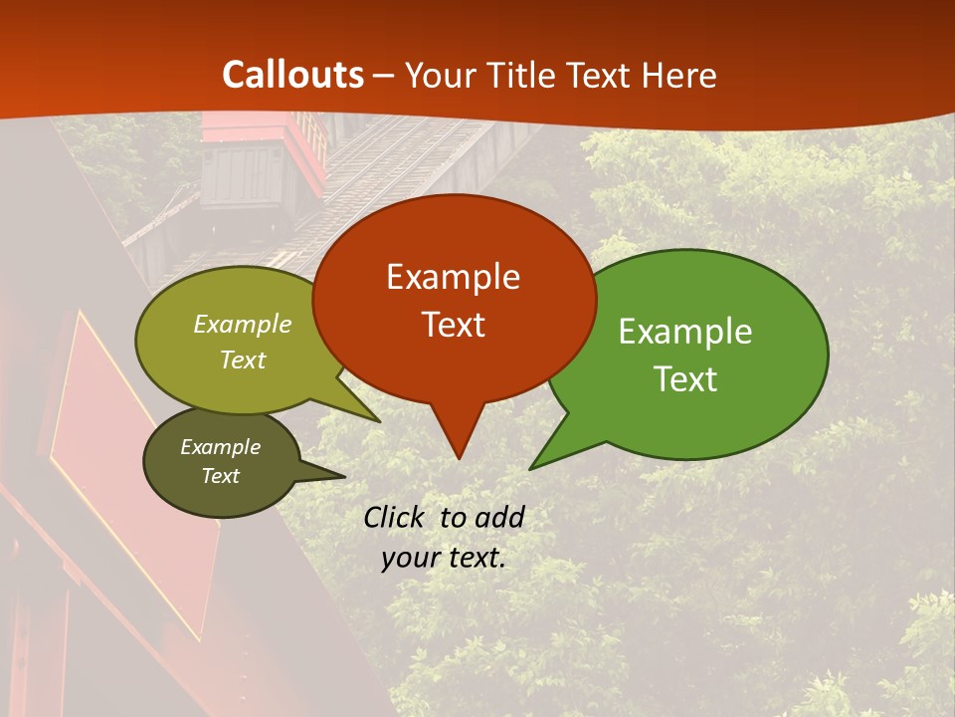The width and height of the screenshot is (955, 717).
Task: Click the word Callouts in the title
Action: pyautogui.click(x=292, y=75)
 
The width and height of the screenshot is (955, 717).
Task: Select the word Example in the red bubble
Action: pyautogui.click(x=453, y=277)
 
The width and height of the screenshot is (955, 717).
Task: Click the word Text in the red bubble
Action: pyautogui.click(x=453, y=325)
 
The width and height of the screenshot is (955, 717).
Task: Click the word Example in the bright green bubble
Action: pyautogui.click(x=685, y=332)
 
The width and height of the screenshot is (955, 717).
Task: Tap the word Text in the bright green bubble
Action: pyautogui.click(x=685, y=379)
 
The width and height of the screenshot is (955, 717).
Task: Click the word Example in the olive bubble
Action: pyautogui.click(x=242, y=325)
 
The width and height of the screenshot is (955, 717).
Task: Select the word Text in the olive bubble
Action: pyautogui.click(x=242, y=359)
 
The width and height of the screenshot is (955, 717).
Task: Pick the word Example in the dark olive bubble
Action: pyautogui.click(x=220, y=447)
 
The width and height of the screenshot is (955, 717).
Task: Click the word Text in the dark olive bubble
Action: pyautogui.click(x=220, y=476)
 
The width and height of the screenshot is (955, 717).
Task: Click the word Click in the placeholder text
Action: pyautogui.click(x=396, y=517)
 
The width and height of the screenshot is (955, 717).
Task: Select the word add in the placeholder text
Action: pyautogui.click(x=498, y=517)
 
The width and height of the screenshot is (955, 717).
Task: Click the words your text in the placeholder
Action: pyautogui.click(x=443, y=558)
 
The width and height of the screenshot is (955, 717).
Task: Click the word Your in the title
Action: pyautogui.click(x=439, y=75)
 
